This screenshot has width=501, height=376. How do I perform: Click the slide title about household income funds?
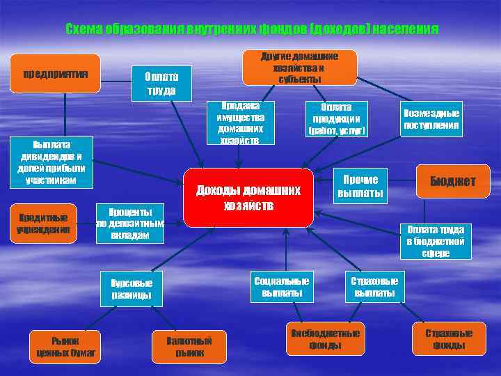[x=251, y=29]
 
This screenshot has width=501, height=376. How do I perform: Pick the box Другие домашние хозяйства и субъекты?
[x=299, y=67]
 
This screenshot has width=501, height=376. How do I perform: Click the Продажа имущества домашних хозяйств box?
[x=240, y=123]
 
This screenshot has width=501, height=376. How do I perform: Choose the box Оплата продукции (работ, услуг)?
[x=336, y=119]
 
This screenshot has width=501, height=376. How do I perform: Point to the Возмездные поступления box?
[x=431, y=119]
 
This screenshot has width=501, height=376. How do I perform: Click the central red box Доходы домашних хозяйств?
[x=248, y=198]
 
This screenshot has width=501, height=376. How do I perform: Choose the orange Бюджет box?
[x=452, y=181]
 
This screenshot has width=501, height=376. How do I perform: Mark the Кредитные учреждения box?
[x=43, y=224]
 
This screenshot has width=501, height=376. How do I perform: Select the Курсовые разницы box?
[x=132, y=288]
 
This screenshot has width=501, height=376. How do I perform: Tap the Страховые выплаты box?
[x=374, y=287]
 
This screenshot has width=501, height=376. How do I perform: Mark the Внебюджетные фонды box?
[x=324, y=339]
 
